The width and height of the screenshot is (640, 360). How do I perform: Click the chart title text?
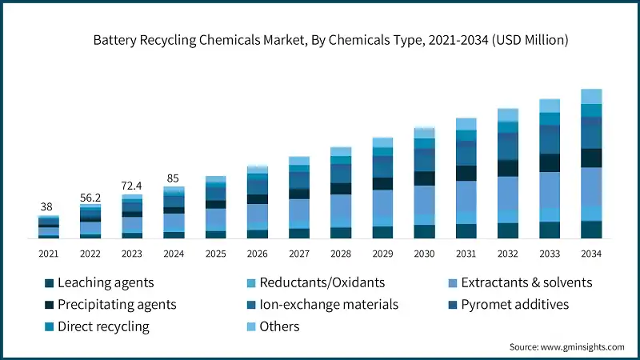[x=319, y=40]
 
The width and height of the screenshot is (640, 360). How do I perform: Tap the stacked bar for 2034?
[x=591, y=164]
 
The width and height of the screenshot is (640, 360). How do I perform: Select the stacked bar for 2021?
[x=49, y=227]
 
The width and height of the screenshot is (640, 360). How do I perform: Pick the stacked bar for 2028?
[x=341, y=193]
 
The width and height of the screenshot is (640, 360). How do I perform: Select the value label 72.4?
[x=132, y=186]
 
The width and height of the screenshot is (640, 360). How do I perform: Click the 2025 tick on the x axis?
[x=216, y=254]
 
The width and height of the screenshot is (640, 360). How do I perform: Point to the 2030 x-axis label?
[x=424, y=254]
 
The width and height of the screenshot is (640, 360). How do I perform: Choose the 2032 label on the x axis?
[x=508, y=254]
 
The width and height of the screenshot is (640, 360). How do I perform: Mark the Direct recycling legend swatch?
[x=50, y=326]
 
